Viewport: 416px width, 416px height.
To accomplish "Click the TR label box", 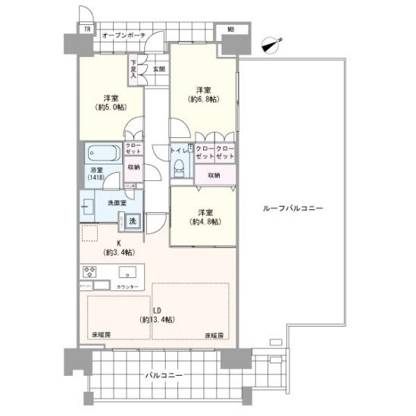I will pyautogui.click(x=87, y=30).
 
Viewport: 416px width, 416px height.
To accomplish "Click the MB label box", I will pyautogui.click(x=230, y=30).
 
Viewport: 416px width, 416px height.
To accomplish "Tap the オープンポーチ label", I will pyautogui.click(x=123, y=35).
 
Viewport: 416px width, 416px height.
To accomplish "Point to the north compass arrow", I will pyautogui.click(x=270, y=45).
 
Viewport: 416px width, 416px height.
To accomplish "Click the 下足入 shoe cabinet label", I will pyautogui.click(x=133, y=69).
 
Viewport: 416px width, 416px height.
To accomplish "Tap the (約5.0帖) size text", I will pyautogui.click(x=111, y=108).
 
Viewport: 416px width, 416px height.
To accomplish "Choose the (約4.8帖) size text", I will pyautogui.click(x=205, y=221).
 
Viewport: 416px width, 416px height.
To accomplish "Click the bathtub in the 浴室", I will pyautogui.click(x=101, y=152).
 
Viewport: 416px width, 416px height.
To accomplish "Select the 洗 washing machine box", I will pyautogui.click(x=132, y=221).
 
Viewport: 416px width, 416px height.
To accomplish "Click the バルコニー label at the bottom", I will pyautogui.click(x=161, y=375).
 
